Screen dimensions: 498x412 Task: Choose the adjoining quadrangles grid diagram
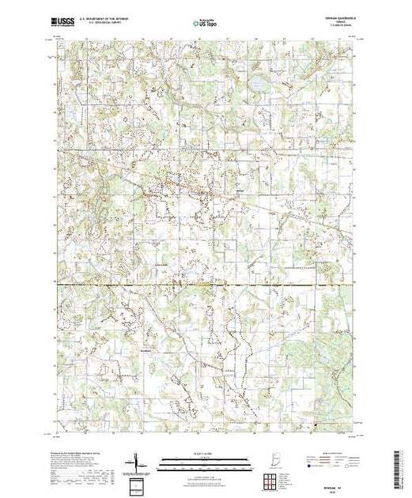coord(273,479)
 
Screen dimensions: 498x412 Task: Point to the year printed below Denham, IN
coord(273,493)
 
